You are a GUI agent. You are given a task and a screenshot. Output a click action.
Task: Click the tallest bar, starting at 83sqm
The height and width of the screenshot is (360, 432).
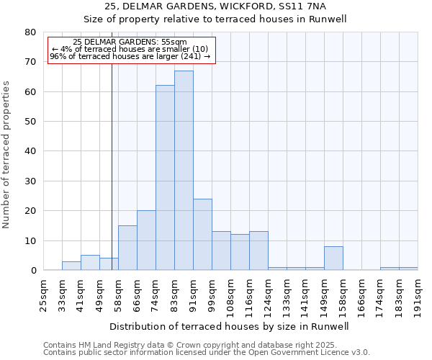pyautogui.click(x=184, y=171)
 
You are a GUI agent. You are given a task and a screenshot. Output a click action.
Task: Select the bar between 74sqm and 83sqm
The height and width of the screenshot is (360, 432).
pyautogui.click(x=165, y=178)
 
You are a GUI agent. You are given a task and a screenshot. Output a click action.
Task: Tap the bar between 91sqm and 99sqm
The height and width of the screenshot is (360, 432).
pyautogui.click(x=202, y=235)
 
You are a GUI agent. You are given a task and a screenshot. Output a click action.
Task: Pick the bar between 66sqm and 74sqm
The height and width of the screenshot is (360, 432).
pyautogui.click(x=146, y=240)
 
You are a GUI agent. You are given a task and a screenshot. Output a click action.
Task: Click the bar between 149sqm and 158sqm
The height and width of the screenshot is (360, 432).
pyautogui.click(x=333, y=258)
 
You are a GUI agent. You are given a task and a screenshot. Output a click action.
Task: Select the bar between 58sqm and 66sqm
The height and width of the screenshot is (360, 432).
pyautogui.click(x=127, y=248)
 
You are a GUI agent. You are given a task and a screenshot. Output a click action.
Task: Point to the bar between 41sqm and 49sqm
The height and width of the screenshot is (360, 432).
pyautogui.click(x=90, y=263)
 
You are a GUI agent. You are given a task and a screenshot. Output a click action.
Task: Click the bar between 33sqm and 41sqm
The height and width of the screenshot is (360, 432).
pyautogui.click(x=71, y=266)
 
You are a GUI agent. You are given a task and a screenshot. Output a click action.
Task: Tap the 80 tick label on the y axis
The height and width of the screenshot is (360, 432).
pyautogui.click(x=30, y=32)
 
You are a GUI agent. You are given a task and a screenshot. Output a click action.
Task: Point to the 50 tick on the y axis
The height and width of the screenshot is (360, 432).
pyautogui.click(x=30, y=122)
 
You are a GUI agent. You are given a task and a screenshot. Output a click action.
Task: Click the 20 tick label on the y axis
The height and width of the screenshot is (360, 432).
pyautogui.click(x=30, y=211)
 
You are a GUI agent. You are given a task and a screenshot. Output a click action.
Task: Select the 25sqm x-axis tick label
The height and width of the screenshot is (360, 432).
pyautogui.click(x=43, y=293)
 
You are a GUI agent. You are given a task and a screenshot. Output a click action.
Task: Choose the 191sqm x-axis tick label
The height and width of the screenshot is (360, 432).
pyautogui.click(x=418, y=293)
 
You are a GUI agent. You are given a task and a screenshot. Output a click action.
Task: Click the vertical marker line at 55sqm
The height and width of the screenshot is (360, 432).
pyautogui.click(x=112, y=166)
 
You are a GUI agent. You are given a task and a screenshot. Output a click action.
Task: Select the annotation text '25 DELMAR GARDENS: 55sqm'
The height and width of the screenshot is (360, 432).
pyautogui.click(x=130, y=42)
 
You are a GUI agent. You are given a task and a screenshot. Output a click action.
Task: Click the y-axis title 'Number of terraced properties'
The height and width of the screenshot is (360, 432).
pyautogui.click(x=7, y=155)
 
